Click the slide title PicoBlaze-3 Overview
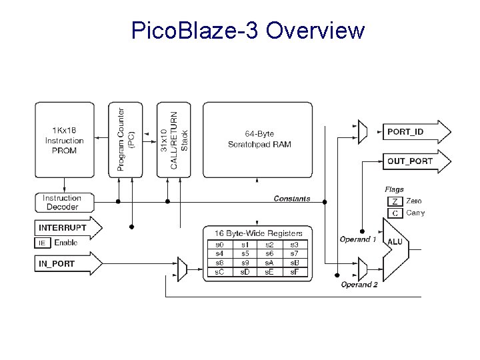tap(248, 31)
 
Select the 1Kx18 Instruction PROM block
tap(65, 140)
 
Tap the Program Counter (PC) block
tap(125, 140)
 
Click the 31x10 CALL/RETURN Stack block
tap(174, 140)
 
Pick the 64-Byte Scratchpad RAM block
tap(257, 140)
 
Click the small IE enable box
tap(42, 243)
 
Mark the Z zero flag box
tap(395, 201)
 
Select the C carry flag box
tap(395, 213)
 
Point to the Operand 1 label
tap(358, 239)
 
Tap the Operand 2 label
tap(359, 285)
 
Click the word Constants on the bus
tap(292, 199)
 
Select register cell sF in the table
tap(294, 272)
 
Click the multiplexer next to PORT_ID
tap(362, 132)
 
